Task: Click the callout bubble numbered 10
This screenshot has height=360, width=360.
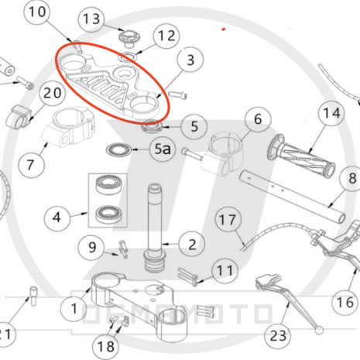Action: coord(36,12)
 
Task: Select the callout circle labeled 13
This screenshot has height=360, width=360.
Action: coord(91,19)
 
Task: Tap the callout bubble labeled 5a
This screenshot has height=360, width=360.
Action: coord(163,149)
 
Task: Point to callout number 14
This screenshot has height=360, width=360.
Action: coord(331,114)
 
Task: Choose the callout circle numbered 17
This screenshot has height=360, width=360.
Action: coord(228,220)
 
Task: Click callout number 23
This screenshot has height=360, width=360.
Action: coord(278,336)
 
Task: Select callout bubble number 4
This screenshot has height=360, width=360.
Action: coord(57,218)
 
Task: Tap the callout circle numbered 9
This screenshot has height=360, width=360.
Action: coord(91,248)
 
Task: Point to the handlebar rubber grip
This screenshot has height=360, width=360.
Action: coord(301,157)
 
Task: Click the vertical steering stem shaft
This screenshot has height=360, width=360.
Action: coord(155,228)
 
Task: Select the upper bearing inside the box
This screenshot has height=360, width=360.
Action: coord(108,184)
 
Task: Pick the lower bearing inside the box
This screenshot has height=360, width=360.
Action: coord(108,214)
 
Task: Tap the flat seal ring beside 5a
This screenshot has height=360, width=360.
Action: coord(119,149)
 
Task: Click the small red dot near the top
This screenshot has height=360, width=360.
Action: coord(224,29)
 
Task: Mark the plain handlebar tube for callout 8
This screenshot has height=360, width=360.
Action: coord(293,197)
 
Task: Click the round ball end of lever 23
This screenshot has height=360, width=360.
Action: coord(319,330)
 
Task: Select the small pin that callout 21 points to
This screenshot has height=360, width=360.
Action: coord(33,297)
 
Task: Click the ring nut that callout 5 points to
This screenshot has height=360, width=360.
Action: coord(152,127)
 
